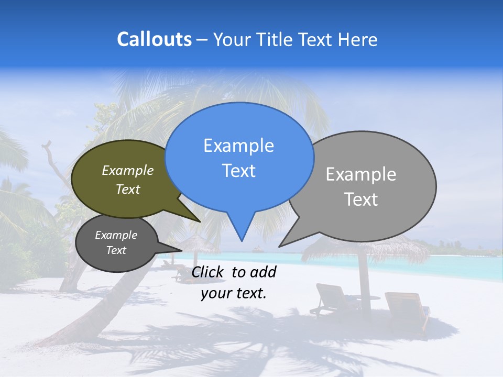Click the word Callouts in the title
[x=154, y=39]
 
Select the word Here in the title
[x=358, y=39]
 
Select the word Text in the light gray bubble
[x=361, y=199]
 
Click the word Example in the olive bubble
[x=127, y=170]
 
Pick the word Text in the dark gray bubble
[x=116, y=250]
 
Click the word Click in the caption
[x=208, y=272]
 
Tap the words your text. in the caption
[x=233, y=293]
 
